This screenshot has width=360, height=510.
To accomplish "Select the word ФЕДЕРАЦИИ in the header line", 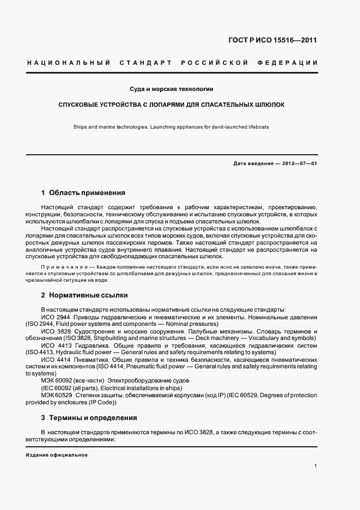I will [x=291, y=63].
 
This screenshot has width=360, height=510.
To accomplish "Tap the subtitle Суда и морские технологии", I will [x=171, y=88].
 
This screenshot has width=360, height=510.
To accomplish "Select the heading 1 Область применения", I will [x=83, y=193].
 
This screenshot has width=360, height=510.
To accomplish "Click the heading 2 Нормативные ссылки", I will [x=84, y=295].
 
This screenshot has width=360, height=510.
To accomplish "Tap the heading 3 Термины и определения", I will [x=89, y=418].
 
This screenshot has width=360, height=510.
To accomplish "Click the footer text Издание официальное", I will [x=57, y=455].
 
